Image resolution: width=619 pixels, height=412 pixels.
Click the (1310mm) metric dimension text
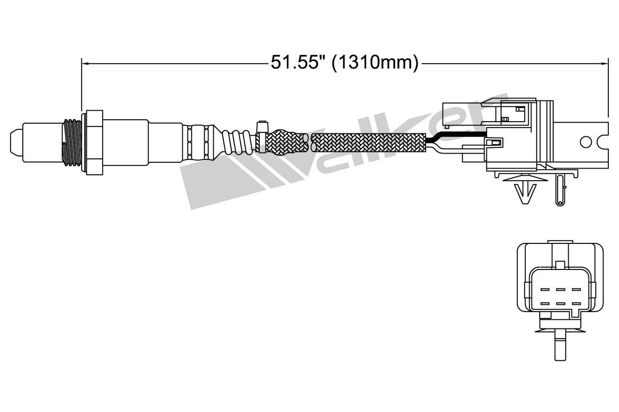pos(375,63)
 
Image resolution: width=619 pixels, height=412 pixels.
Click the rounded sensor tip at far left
pos(16,142)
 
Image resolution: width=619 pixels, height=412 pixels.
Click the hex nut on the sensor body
pos(94,142)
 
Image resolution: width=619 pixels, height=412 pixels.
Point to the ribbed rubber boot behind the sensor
pos(236,142)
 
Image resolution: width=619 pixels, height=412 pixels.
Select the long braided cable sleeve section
pos(368,142)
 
